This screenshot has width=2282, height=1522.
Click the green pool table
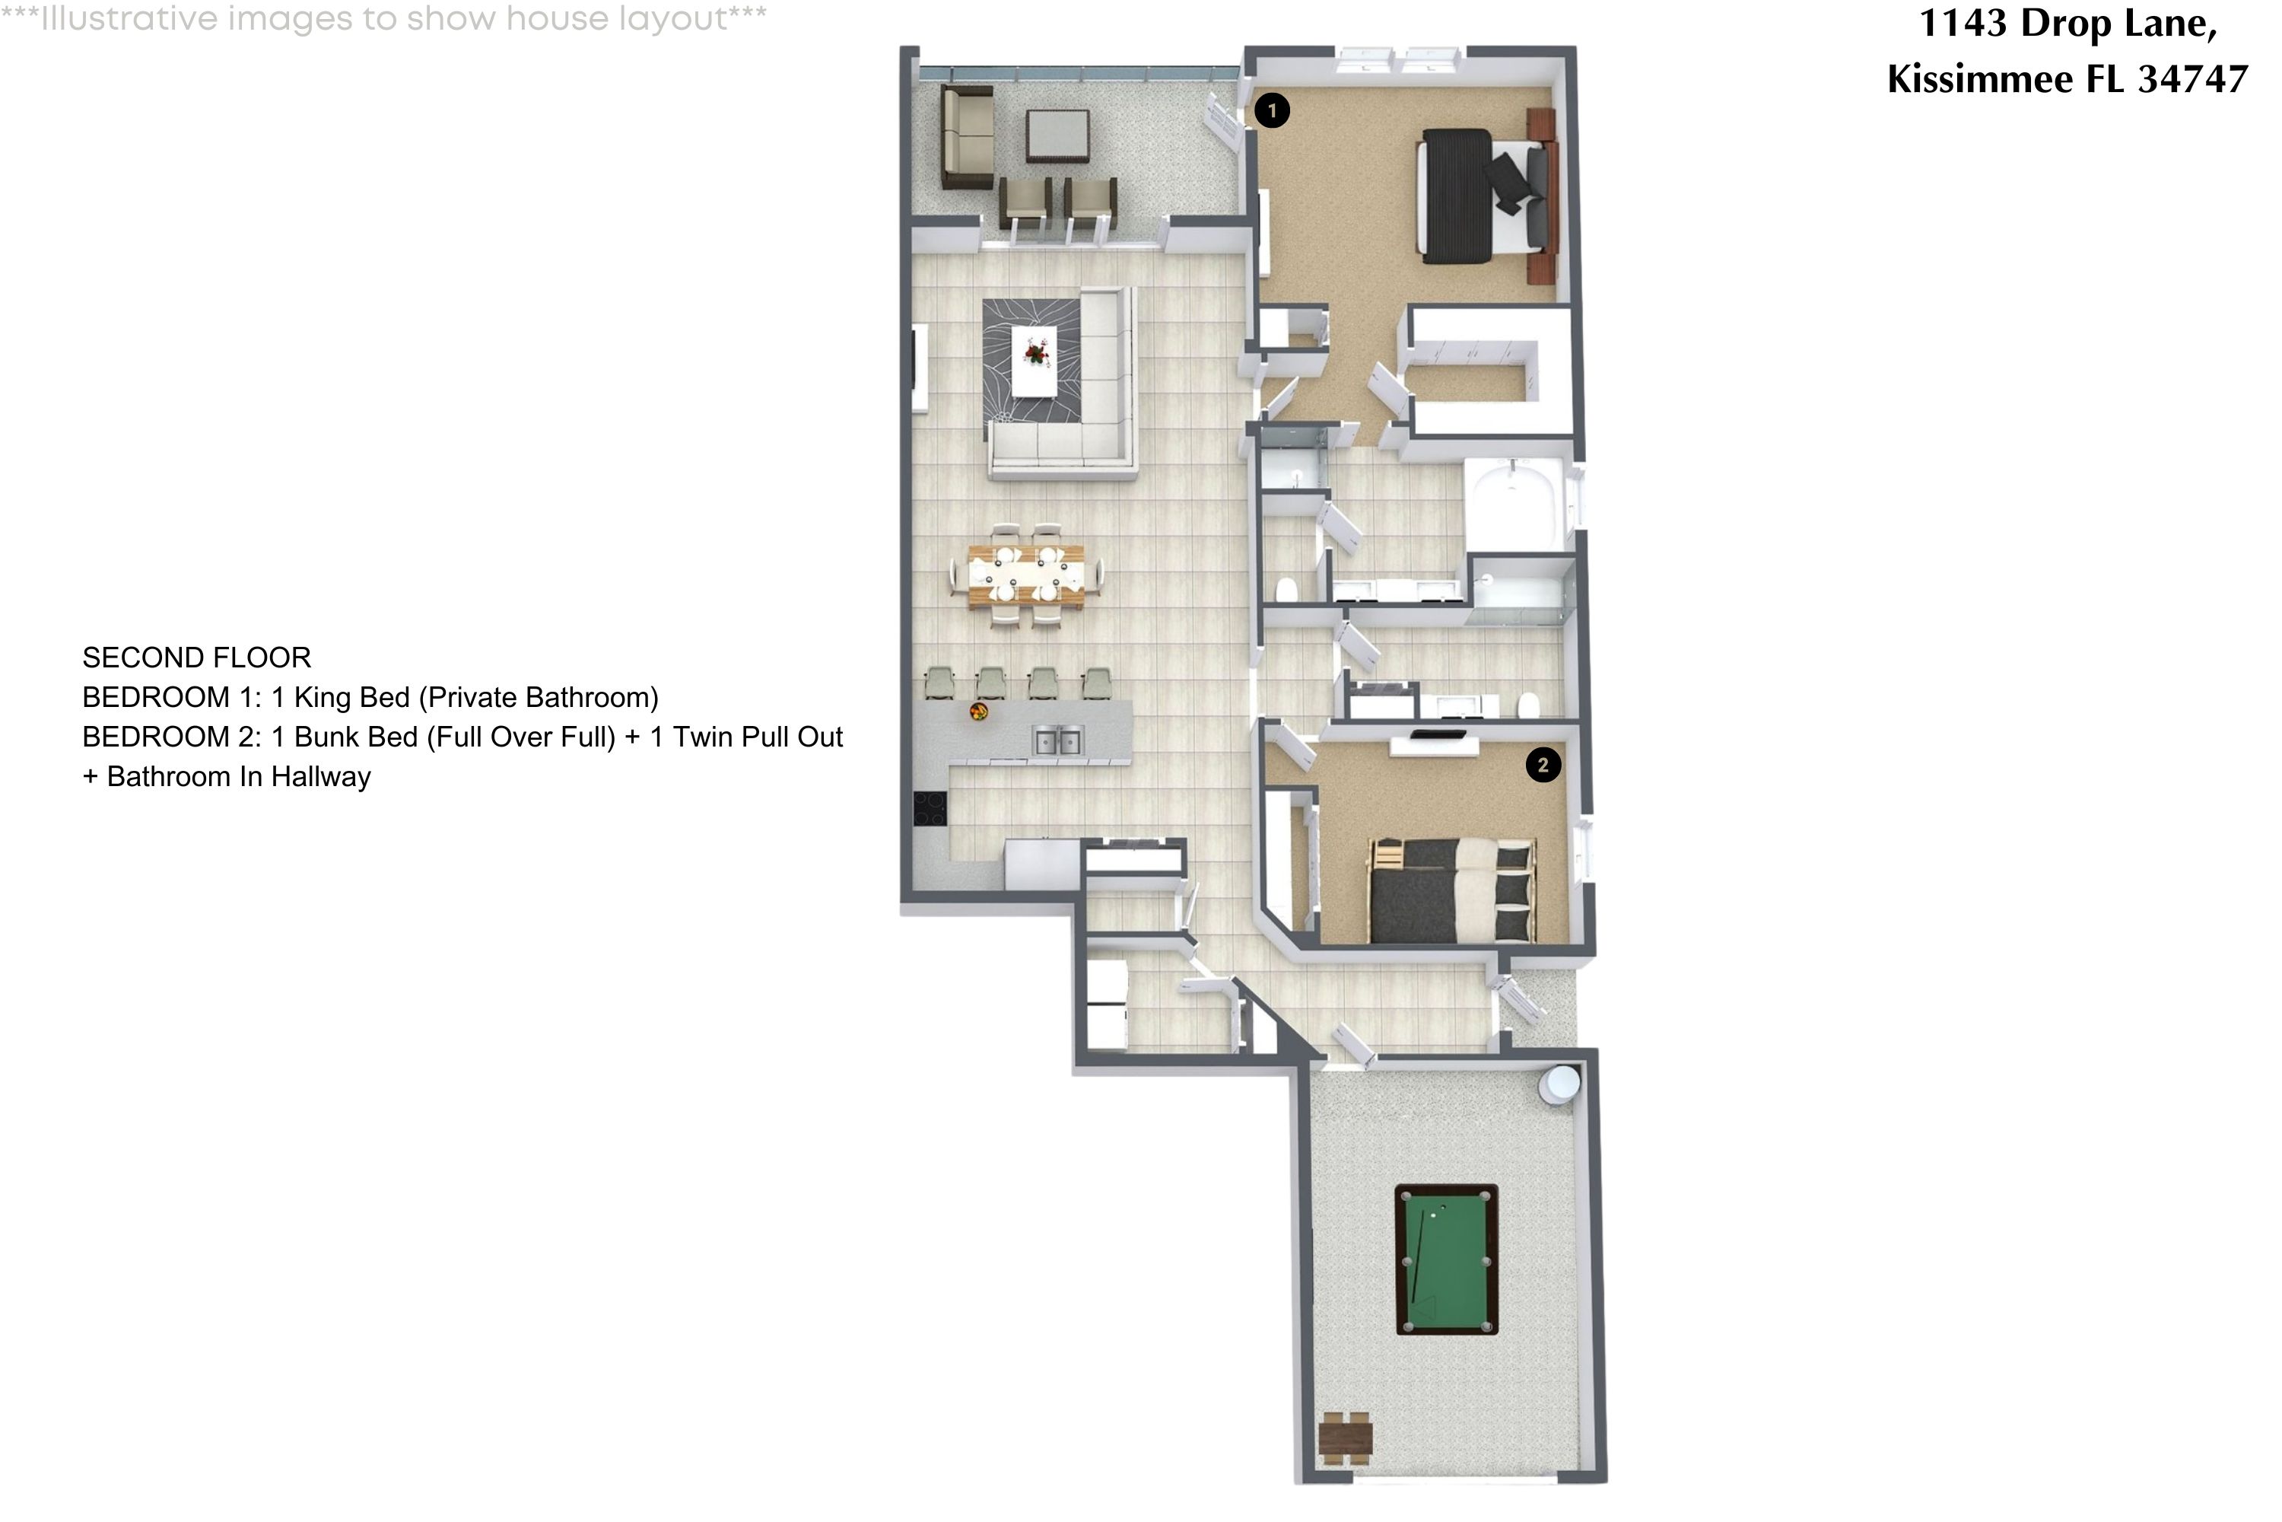click(x=1446, y=1259)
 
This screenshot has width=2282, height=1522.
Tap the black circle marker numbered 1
click(x=1272, y=110)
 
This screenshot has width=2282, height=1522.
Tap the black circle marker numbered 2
click(x=1543, y=765)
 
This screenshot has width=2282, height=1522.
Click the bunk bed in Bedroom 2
click(x=1451, y=891)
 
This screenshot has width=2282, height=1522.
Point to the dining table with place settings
click(x=1025, y=578)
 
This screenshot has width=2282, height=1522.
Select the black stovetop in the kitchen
click(x=930, y=808)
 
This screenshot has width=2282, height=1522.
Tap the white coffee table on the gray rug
click(x=1035, y=360)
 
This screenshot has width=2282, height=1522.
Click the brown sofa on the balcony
click(x=968, y=138)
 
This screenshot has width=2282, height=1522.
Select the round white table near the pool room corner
click(x=1560, y=1084)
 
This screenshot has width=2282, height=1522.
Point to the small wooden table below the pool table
click(x=1345, y=1438)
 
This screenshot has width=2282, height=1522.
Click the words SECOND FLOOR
click(x=197, y=658)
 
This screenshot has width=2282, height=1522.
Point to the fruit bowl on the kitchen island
click(x=979, y=712)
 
